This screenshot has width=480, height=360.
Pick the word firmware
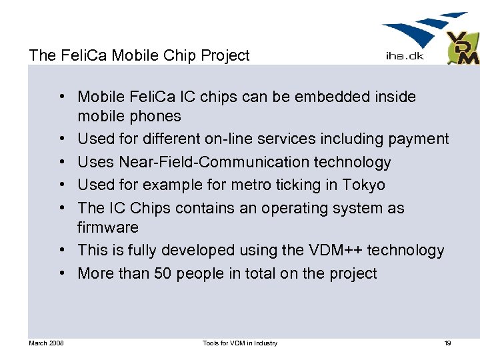pyautogui.click(x=108, y=227)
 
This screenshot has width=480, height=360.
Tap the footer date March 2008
pyautogui.click(x=47, y=343)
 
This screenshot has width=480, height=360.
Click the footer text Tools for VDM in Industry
pyautogui.click(x=240, y=343)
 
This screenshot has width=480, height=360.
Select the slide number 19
pyautogui.click(x=447, y=343)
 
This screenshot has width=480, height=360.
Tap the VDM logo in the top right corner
pyautogui.click(x=462, y=49)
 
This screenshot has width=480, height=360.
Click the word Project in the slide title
pyautogui.click(x=225, y=55)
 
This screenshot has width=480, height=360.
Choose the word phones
pyautogui.click(x=155, y=117)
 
